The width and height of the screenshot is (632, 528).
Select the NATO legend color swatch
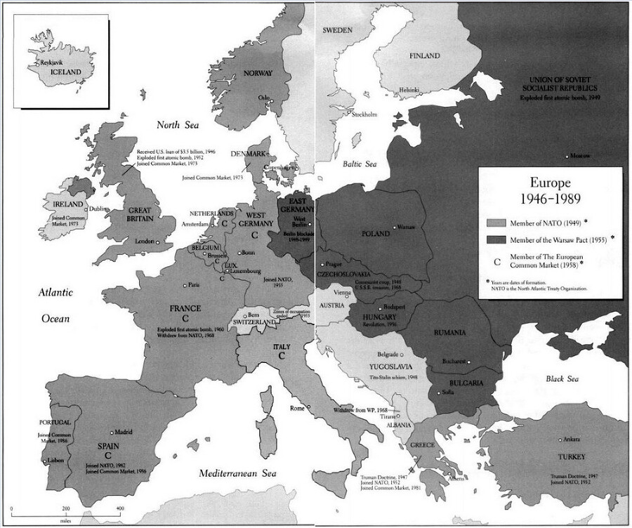pyautogui.click(x=501, y=223)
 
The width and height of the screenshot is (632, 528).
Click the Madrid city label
pyautogui.click(x=123, y=432)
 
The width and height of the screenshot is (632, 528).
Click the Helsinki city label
pyautogui.click(x=409, y=89)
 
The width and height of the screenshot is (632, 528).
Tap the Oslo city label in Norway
pyautogui.click(x=264, y=98)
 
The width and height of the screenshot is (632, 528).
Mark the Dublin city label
pyautogui.click(x=97, y=209)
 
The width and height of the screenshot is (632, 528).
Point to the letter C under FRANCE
pyautogui.click(x=186, y=318)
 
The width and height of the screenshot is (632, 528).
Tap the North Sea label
pyautogui.click(x=178, y=125)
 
